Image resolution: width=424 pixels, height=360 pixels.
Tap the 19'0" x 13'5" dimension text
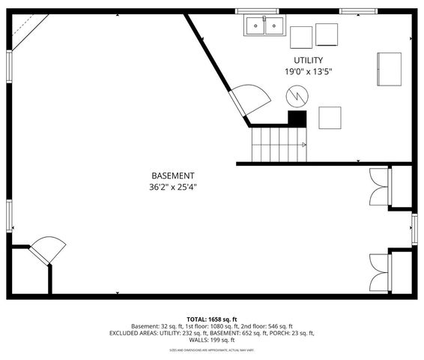(x=308, y=71)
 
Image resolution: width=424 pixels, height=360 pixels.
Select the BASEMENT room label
(x=173, y=175)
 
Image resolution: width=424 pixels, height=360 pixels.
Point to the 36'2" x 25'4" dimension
(x=173, y=187)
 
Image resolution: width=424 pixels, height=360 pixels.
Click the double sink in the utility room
(x=264, y=27)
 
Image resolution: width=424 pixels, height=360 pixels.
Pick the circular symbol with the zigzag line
(x=297, y=95)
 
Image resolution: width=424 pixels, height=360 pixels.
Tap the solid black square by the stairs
(x=297, y=118)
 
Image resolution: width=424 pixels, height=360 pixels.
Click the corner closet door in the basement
(x=47, y=250)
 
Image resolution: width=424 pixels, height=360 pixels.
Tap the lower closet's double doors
(x=380, y=271)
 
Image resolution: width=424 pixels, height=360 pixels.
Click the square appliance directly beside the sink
(x=301, y=37)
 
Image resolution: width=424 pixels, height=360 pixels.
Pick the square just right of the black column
(x=330, y=117)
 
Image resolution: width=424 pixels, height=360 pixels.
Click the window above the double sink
(x=258, y=11)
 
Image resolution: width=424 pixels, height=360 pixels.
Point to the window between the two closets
(x=413, y=229)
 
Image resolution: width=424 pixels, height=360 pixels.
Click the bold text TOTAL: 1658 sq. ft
(x=212, y=319)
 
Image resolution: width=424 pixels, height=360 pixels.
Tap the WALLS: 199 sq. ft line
(x=212, y=339)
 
